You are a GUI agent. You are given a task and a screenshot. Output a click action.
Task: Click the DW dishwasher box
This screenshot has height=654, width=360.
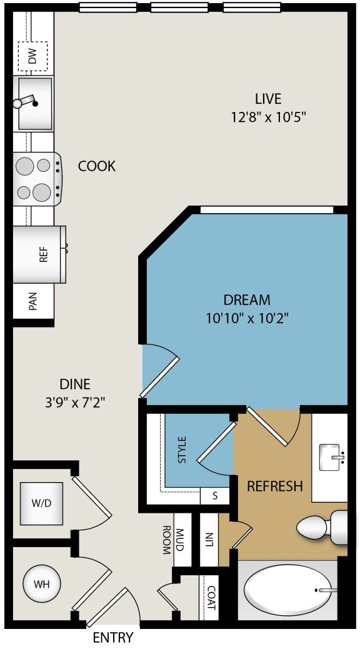pyautogui.click(x=33, y=58)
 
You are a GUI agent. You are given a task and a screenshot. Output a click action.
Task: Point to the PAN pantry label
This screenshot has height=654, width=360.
pyautogui.click(x=33, y=302)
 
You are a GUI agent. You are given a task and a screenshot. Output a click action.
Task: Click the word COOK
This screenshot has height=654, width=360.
pyautogui.click(x=97, y=166)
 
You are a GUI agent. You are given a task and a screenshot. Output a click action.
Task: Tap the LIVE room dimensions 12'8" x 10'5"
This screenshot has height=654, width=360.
pyautogui.click(x=267, y=116)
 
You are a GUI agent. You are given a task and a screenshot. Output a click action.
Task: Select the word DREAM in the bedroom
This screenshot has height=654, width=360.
pyautogui.click(x=247, y=300)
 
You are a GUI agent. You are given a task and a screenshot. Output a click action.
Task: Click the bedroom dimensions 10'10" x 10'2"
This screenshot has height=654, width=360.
pyautogui.click(x=247, y=318)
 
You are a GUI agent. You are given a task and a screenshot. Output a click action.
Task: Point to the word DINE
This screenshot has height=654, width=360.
pyautogui.click(x=75, y=384)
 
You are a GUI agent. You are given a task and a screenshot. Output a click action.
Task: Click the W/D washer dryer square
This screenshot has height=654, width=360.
pyautogui.click(x=41, y=503)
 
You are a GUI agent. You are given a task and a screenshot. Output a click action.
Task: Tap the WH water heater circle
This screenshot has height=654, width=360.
pyautogui.click(x=41, y=585)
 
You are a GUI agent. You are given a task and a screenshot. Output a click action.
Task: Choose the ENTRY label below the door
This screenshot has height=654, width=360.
pyautogui.click(x=113, y=638)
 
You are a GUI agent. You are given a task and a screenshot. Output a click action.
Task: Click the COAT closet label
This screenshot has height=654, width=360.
pyautogui.click(x=211, y=598)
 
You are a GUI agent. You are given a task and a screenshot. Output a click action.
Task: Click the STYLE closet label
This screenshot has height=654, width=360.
pyautogui.click(x=182, y=450)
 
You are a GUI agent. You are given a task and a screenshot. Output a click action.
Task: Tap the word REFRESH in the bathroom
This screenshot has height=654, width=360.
pyautogui.click(x=275, y=486)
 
